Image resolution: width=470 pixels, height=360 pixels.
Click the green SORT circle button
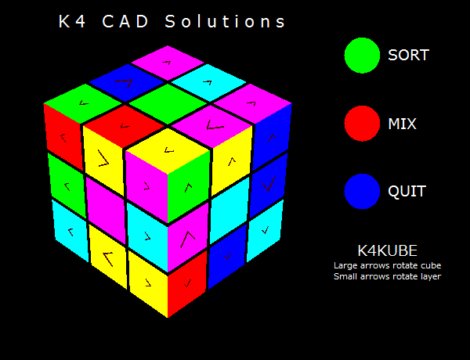[x=362, y=56]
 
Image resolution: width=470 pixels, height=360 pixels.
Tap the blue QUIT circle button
[x=362, y=191]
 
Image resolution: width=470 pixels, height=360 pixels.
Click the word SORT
[x=408, y=55]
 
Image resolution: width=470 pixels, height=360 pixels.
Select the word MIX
[x=402, y=124]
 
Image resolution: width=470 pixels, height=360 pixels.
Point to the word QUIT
[x=407, y=191]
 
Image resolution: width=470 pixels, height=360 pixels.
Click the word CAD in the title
[x=125, y=22]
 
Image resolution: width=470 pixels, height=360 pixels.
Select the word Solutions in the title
[x=225, y=22]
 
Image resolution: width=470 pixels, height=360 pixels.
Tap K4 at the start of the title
[x=72, y=22]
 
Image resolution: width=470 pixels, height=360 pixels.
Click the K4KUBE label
[x=387, y=250]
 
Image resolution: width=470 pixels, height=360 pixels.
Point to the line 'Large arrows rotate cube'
[x=387, y=265]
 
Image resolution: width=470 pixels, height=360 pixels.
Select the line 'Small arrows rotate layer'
[x=387, y=276]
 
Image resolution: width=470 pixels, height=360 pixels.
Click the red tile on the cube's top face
[x=124, y=126]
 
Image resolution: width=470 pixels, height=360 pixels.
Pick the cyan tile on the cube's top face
[x=209, y=82]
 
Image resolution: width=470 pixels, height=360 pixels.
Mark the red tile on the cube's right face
[x=187, y=283]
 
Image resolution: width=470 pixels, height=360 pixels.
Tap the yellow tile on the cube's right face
[x=231, y=161]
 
